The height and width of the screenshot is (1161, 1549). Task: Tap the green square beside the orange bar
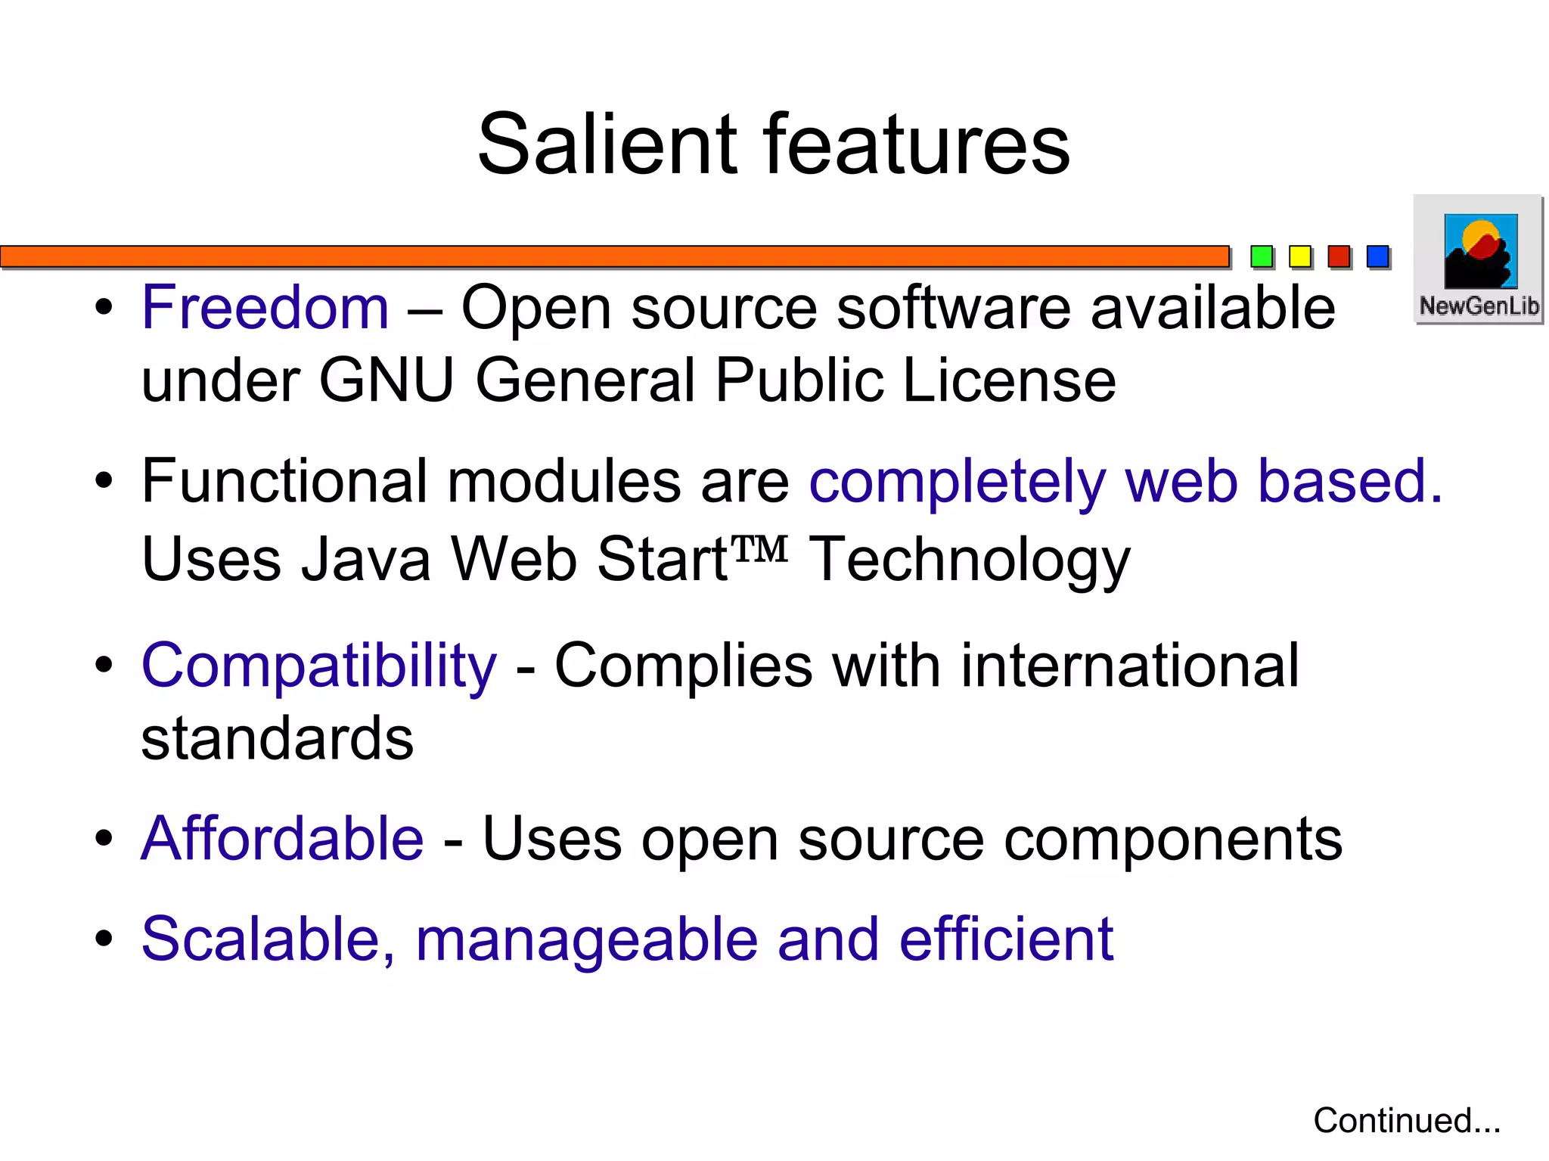click(x=1261, y=257)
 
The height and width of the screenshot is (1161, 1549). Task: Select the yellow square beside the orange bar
click(x=1300, y=257)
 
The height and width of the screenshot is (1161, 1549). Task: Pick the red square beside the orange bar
click(x=1339, y=257)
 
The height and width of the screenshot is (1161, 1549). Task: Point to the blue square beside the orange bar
click(x=1378, y=257)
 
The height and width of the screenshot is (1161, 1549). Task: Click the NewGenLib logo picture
click(x=1480, y=251)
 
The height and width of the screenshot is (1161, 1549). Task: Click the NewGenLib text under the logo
click(x=1479, y=306)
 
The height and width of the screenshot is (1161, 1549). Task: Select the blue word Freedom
click(x=265, y=308)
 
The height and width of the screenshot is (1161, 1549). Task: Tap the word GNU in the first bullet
click(x=386, y=380)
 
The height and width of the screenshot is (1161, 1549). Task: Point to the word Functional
click(x=284, y=481)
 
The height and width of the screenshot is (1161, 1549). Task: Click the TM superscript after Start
click(x=760, y=548)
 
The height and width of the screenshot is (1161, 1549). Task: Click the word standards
click(x=278, y=739)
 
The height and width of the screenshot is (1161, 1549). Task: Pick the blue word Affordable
click(x=282, y=839)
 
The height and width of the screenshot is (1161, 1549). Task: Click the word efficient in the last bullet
click(x=1006, y=939)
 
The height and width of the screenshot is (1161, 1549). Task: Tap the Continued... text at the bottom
click(x=1406, y=1121)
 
